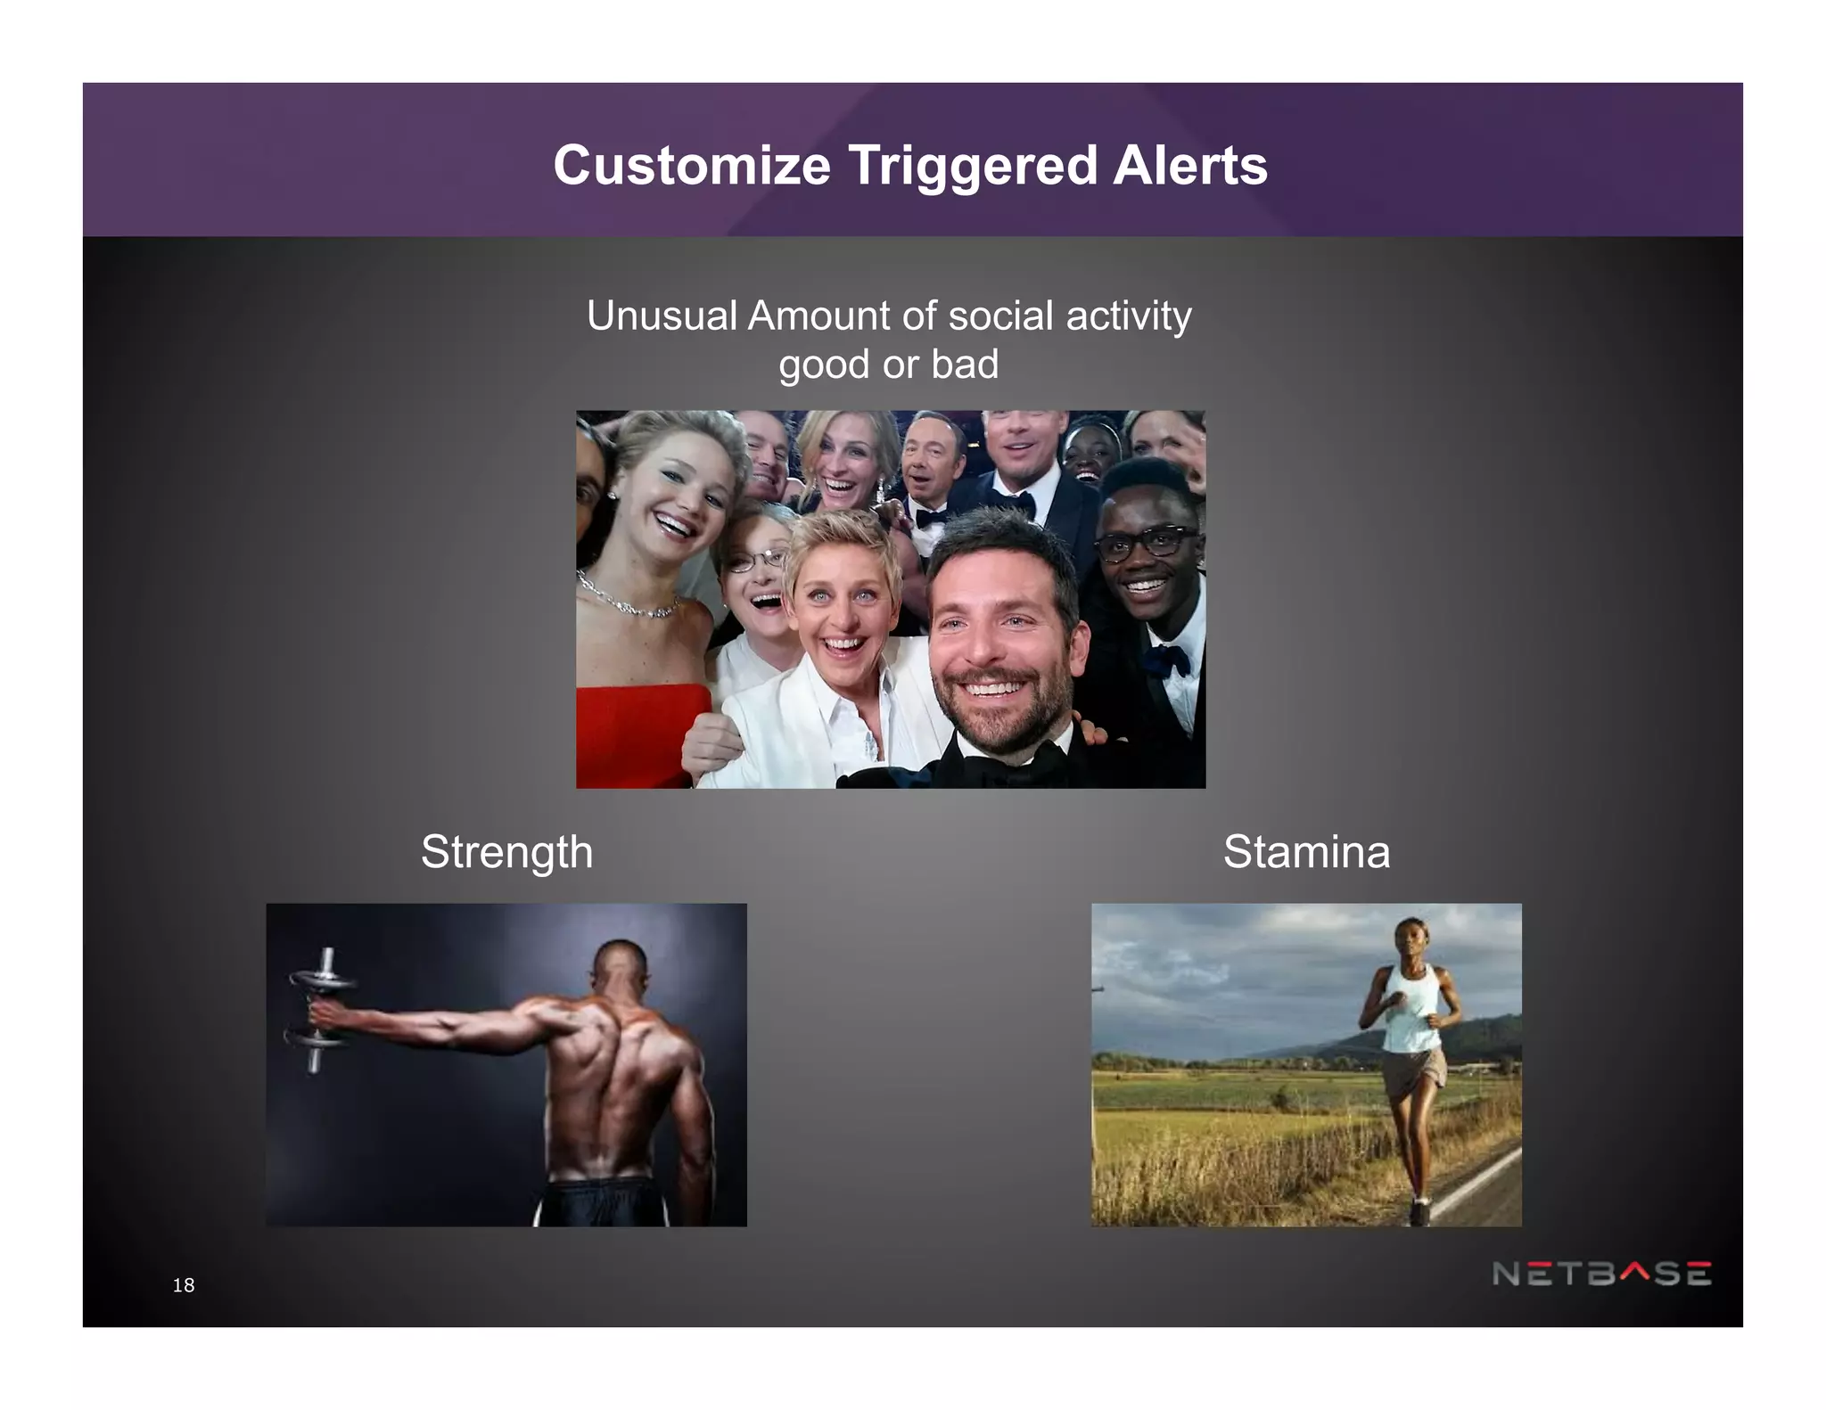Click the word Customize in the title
[691, 166]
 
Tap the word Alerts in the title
[1189, 166]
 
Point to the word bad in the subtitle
[965, 364]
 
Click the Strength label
[506, 852]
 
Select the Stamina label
[1306, 852]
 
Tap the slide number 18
[184, 1284]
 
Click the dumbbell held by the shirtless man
[318, 1009]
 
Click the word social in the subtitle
[1000, 316]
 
